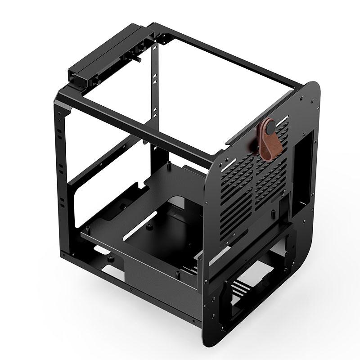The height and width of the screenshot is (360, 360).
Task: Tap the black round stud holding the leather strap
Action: (270, 128)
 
